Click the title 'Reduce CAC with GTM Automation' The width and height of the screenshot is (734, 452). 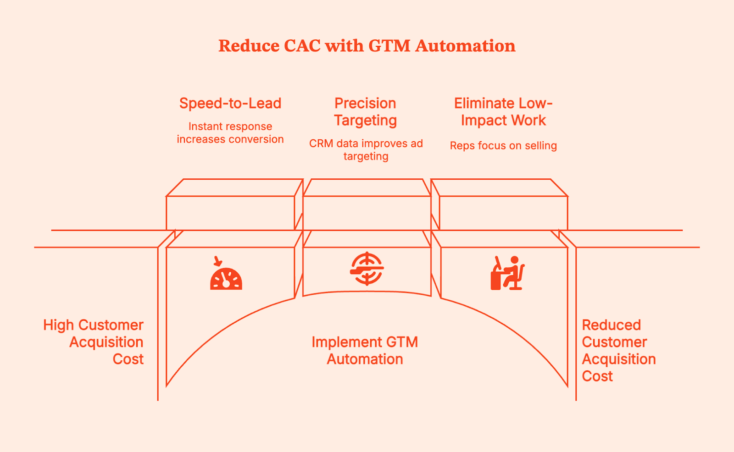tap(367, 46)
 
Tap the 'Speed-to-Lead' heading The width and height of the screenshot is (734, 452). tap(230, 103)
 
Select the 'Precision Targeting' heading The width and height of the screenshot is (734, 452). tap(365, 111)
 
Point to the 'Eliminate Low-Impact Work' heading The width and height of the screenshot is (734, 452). tap(503, 111)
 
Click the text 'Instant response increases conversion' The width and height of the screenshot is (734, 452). tap(230, 133)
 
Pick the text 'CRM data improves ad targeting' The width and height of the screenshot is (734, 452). tap(366, 150)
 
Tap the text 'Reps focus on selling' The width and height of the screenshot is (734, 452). tap(503, 146)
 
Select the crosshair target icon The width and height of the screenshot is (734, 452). tap(367, 269)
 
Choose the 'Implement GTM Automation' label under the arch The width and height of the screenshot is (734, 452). tap(365, 351)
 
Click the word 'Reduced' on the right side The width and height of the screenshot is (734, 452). tap(611, 325)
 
